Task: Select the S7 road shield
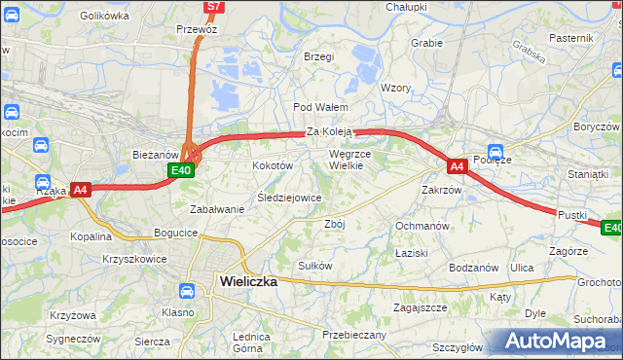point(214,7)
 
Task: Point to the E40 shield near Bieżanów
point(180,171)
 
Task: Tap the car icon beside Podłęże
point(495,153)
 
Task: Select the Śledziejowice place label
point(289,198)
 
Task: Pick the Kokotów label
point(274,166)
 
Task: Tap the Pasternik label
point(570,38)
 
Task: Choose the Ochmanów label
point(421,226)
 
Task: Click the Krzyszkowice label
point(133,259)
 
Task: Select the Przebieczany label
point(354,335)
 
